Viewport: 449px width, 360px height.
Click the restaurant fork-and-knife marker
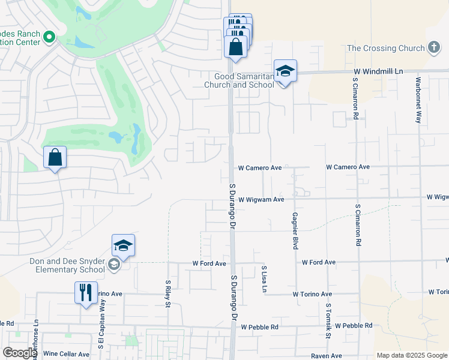[x=85, y=293]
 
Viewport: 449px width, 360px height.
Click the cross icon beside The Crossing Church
[x=434, y=48]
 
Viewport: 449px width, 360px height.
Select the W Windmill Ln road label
[x=377, y=71]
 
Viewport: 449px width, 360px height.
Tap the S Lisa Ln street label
[x=264, y=279]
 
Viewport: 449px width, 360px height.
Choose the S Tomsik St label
[x=328, y=320]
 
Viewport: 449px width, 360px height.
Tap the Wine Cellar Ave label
[x=67, y=354]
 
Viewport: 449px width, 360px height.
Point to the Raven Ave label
[x=327, y=356]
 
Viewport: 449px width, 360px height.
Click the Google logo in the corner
[x=19, y=353]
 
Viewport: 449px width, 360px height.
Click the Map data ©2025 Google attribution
[x=412, y=355]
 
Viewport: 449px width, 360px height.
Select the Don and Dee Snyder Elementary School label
[x=67, y=265]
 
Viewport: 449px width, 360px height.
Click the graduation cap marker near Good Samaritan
[x=285, y=72]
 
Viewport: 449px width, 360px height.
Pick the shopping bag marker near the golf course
[x=55, y=158]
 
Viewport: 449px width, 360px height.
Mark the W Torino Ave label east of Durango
[x=312, y=294]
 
